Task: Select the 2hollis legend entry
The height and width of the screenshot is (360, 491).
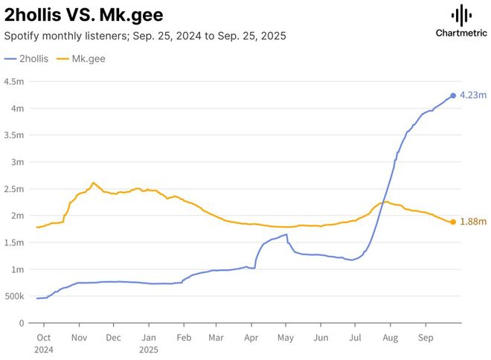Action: [x=27, y=58]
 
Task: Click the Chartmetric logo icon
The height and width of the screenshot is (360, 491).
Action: [x=461, y=16]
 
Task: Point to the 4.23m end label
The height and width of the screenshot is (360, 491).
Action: [x=473, y=95]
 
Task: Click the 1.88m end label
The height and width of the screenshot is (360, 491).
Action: [x=473, y=222]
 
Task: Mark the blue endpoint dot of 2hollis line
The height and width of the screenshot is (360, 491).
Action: [x=453, y=96]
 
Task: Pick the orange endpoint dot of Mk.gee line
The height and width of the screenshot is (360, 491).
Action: [x=453, y=222]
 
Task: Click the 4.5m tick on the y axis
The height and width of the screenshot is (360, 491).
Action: [x=15, y=82]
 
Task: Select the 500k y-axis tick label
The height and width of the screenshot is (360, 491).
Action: [x=15, y=296]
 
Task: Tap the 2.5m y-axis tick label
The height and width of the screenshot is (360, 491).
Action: [x=15, y=189]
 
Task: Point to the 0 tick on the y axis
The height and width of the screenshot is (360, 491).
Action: [x=22, y=323]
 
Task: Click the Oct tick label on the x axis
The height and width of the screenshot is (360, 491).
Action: [x=42, y=337]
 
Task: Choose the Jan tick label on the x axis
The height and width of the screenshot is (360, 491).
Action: [x=148, y=337]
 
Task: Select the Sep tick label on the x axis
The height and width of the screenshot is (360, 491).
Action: [x=426, y=337]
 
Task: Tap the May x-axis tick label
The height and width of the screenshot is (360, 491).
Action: [x=286, y=337]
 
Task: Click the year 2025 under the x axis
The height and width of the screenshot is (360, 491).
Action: [x=148, y=348]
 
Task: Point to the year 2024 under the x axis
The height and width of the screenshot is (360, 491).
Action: [x=42, y=348]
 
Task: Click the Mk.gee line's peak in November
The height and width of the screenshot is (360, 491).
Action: [x=93, y=182]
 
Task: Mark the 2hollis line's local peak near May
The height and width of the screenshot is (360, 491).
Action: [x=286, y=234]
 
